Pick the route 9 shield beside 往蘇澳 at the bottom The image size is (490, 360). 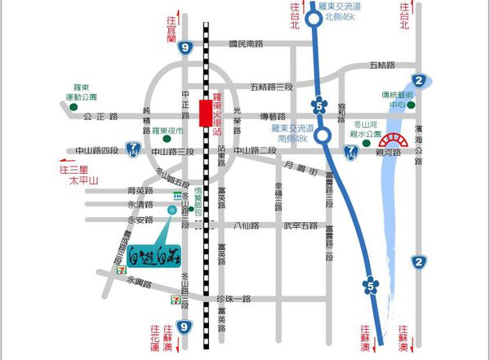click(x=185, y=327)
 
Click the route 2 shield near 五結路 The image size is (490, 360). click(x=419, y=79)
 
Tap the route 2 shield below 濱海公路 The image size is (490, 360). click(x=419, y=261)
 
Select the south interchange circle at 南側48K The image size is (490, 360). click(x=324, y=136)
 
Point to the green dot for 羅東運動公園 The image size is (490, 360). click(x=74, y=106)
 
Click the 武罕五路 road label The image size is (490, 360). click(x=299, y=226)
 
